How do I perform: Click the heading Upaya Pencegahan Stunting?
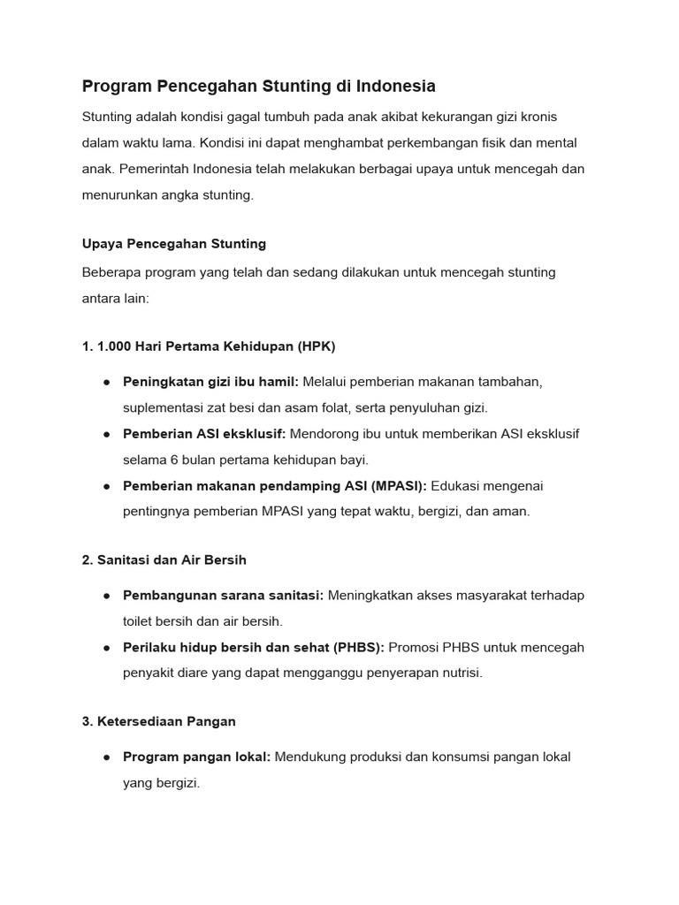[x=173, y=243]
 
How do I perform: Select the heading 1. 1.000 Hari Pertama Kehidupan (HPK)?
[x=209, y=346]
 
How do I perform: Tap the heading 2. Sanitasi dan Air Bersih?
[x=164, y=559]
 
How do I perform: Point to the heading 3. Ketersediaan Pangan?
[x=159, y=721]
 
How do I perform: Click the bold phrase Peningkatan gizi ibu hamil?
[x=211, y=382]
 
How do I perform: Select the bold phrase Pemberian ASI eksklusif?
[x=204, y=434]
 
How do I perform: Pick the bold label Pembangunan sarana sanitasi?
[x=224, y=596]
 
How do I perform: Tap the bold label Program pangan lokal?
[x=196, y=757]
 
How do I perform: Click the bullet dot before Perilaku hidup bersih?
[x=106, y=648]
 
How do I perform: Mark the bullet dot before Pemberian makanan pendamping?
[x=106, y=486]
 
